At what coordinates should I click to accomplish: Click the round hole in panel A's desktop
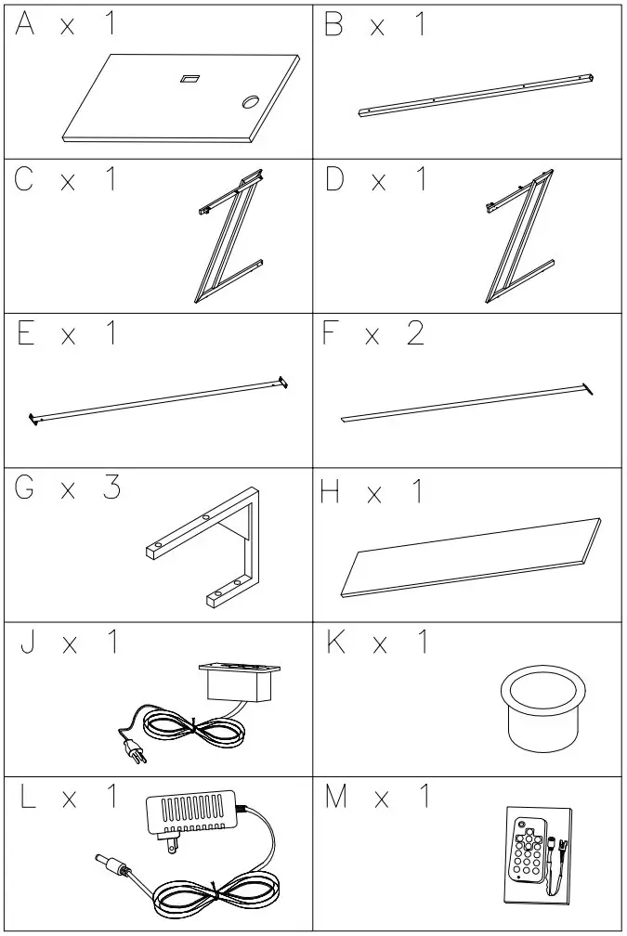(x=252, y=101)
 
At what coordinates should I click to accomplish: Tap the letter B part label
(x=333, y=26)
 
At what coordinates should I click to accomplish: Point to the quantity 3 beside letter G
(x=111, y=488)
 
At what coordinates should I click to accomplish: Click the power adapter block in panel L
(x=191, y=813)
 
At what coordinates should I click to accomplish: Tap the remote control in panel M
(x=527, y=851)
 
